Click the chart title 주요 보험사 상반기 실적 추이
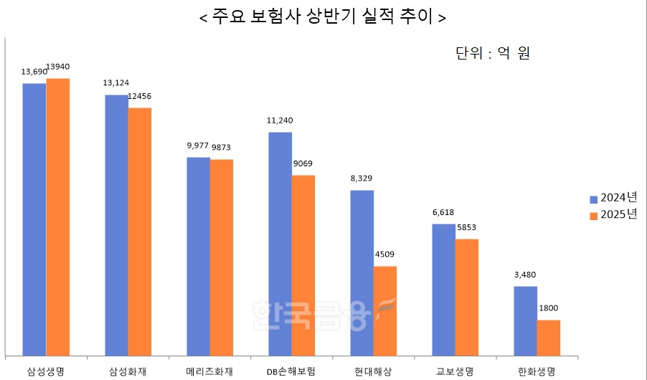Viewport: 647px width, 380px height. click(323, 18)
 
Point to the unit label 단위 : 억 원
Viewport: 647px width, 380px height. click(492, 53)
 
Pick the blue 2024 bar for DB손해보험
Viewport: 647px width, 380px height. click(280, 243)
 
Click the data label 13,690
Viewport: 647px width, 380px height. click(34, 72)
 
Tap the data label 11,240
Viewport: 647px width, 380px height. click(280, 120)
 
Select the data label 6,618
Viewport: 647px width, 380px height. click(443, 212)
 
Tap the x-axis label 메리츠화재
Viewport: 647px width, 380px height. click(209, 371)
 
